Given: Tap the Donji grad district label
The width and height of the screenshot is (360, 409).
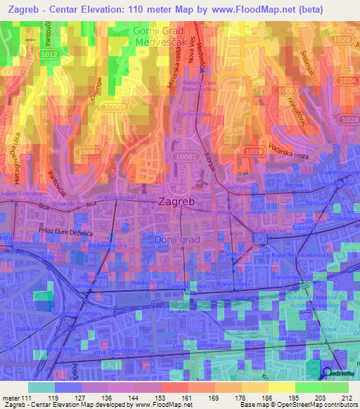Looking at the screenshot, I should pos(176,240).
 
